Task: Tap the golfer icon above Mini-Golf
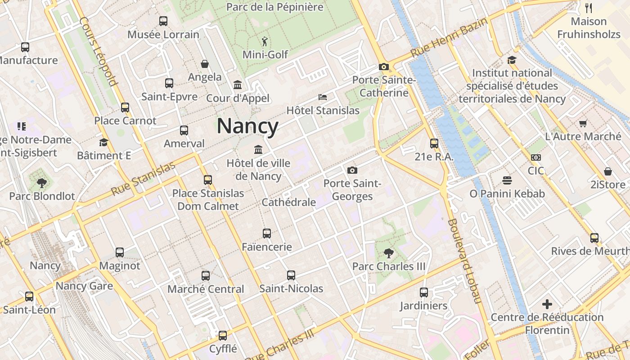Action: (x=264, y=42)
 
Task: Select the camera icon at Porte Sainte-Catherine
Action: (x=383, y=67)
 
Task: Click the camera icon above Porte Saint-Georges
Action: (x=352, y=170)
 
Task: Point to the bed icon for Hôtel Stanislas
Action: (x=323, y=97)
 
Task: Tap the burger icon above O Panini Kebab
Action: (x=507, y=180)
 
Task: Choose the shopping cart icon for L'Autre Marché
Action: (x=583, y=123)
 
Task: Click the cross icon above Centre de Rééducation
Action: (x=547, y=304)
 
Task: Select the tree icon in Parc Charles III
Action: (x=388, y=253)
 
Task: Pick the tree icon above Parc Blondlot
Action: (x=42, y=183)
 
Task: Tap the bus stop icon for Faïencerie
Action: (x=267, y=234)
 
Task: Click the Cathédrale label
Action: (x=288, y=202)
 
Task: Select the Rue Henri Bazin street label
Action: (x=449, y=38)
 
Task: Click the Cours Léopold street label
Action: (x=98, y=51)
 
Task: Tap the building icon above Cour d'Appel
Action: (x=237, y=85)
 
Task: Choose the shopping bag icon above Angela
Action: (x=205, y=64)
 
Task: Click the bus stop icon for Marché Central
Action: (x=206, y=275)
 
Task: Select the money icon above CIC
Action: (x=536, y=157)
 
